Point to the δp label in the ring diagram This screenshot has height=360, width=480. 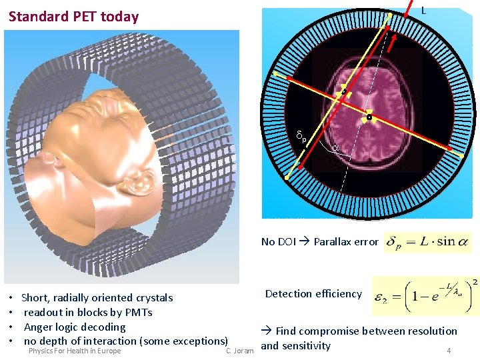point(301,138)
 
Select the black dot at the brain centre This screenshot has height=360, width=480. point(369,117)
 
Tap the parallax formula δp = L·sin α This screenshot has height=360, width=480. point(427,241)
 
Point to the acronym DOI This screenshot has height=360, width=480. point(287,242)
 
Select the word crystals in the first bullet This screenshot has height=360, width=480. point(150,297)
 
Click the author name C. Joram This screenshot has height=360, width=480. point(239,351)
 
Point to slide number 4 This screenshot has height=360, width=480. point(449,351)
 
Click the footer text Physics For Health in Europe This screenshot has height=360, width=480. point(75,351)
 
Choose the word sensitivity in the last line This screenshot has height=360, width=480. point(306,345)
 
